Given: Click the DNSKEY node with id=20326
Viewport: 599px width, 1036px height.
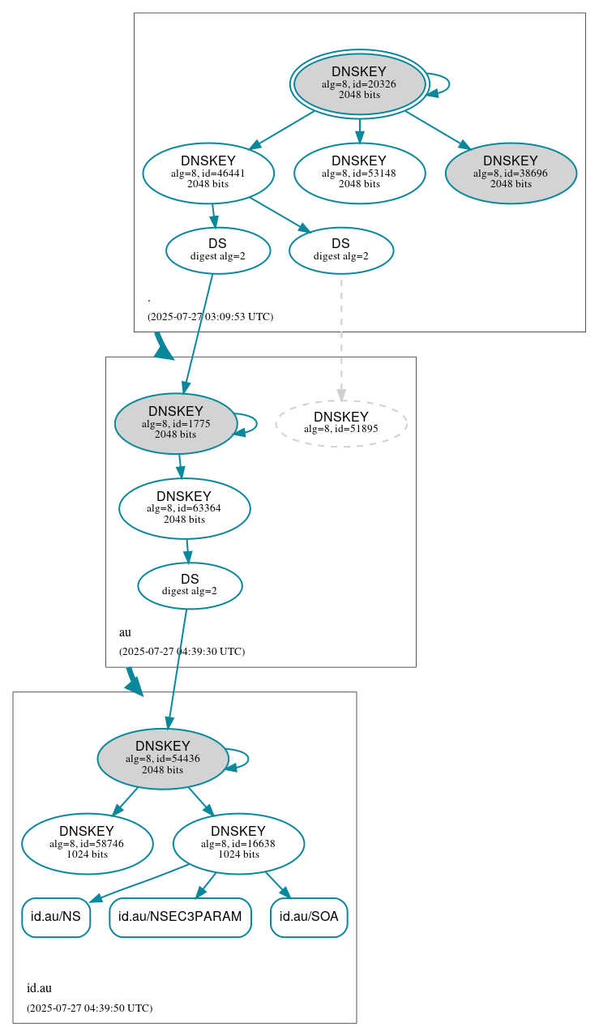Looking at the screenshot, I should tap(359, 83).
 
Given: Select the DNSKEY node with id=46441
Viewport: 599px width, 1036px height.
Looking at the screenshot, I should tap(208, 172).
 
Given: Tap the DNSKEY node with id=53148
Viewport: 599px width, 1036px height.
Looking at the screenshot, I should tap(359, 172).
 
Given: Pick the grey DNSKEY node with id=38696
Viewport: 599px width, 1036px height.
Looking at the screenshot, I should tap(511, 172).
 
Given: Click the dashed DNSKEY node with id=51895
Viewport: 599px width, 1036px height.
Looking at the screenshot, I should tap(341, 423).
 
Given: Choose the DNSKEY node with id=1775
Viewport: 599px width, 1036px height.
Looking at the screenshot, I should tap(176, 423).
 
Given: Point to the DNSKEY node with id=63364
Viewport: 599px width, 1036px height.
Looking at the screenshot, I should tap(184, 508).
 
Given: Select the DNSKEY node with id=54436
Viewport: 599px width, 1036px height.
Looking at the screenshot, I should tap(163, 759).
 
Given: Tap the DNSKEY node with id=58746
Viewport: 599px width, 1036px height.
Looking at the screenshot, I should tap(87, 843).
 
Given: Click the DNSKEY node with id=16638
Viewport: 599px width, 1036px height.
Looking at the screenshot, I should tap(238, 843).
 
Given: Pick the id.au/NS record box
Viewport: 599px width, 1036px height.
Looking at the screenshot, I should tap(55, 917).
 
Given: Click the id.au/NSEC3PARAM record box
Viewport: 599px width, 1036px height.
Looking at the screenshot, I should tap(180, 917).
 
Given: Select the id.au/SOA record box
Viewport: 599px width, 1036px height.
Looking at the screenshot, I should tap(309, 917).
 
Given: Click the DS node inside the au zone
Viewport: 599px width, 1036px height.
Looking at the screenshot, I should tap(190, 585).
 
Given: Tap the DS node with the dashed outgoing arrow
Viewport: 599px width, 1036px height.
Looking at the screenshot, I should tap(341, 250).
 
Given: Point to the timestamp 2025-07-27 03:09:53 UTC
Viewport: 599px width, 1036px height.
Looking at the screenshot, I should tap(210, 316).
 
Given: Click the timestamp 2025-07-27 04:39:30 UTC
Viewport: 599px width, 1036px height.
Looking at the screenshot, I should tap(182, 651).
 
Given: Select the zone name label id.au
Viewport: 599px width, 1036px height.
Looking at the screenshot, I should tap(39, 987).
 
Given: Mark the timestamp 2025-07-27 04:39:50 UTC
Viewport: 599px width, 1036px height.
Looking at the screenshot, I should tap(89, 1008).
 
